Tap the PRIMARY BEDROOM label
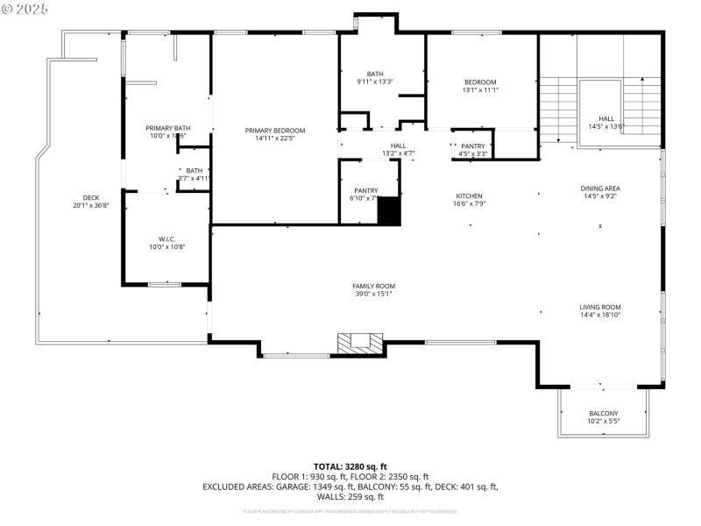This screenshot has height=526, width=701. (274, 130)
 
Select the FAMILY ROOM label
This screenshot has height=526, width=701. (373, 286)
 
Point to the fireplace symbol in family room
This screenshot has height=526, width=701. (361, 344)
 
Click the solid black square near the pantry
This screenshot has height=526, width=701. (389, 212)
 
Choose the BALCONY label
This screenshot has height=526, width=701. (603, 414)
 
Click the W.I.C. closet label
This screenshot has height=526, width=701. (168, 238)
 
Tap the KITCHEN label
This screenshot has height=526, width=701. (469, 195)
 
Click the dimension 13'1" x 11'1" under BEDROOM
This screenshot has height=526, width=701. (480, 90)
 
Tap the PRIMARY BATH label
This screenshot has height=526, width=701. (168, 128)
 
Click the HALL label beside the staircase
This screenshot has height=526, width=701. (606, 118)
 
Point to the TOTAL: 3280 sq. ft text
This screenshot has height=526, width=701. (350, 466)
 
